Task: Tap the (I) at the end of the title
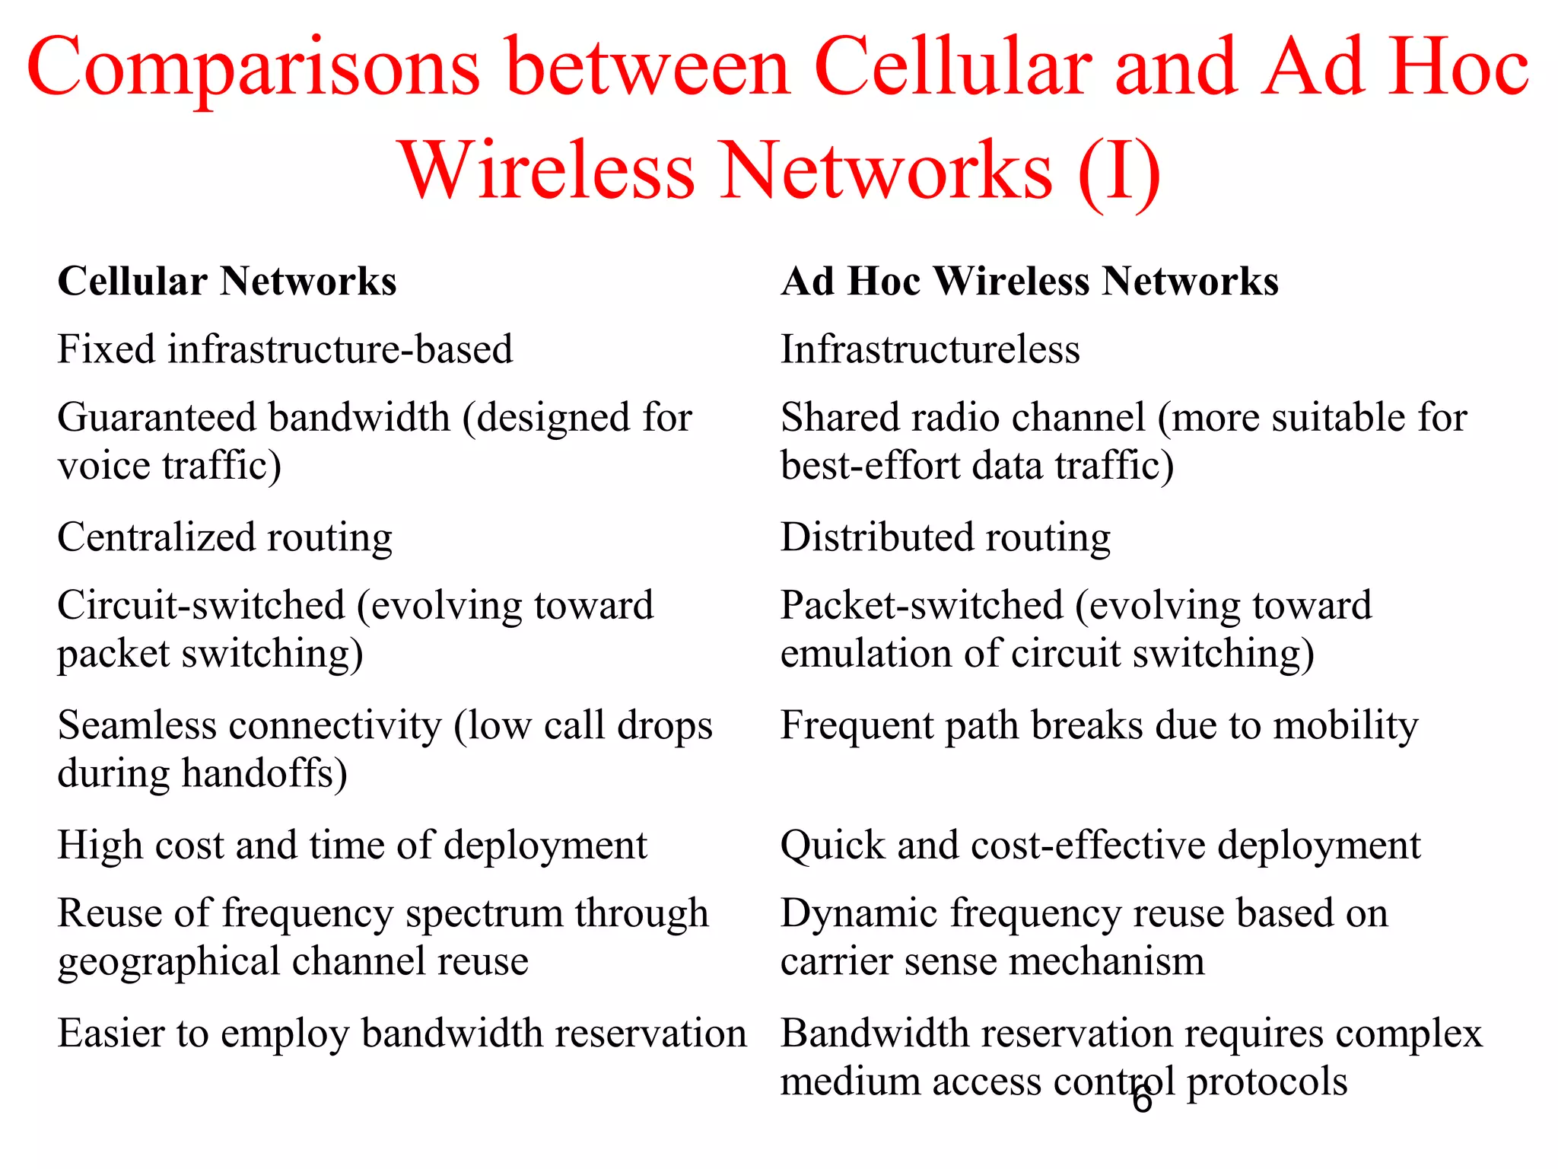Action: click(1119, 171)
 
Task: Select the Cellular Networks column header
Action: click(227, 281)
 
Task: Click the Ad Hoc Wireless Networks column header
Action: click(1029, 281)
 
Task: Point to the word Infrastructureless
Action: click(930, 349)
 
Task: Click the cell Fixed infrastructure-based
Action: click(285, 349)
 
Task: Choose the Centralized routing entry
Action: click(224, 537)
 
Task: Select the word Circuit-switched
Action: click(202, 606)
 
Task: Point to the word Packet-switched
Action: click(921, 606)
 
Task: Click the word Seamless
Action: click(136, 725)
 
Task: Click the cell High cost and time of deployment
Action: click(352, 846)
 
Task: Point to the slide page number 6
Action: click(1142, 1101)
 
